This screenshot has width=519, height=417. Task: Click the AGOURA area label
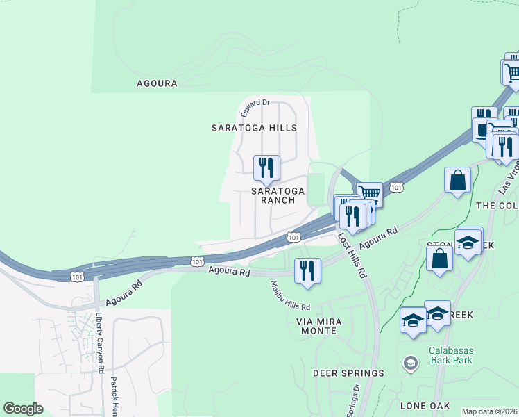(157, 83)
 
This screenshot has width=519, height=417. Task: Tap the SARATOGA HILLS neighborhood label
(254, 128)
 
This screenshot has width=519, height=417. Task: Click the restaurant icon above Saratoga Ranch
(266, 167)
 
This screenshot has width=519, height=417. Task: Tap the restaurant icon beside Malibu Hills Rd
(307, 270)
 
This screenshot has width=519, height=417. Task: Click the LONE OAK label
(425, 405)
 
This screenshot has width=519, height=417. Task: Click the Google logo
(23, 409)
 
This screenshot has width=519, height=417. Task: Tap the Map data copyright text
(489, 411)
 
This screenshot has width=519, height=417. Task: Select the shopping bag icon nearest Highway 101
(458, 180)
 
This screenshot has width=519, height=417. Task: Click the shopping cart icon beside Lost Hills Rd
(370, 193)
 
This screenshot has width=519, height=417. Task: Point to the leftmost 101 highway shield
(76, 276)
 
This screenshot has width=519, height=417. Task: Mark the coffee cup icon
(480, 129)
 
